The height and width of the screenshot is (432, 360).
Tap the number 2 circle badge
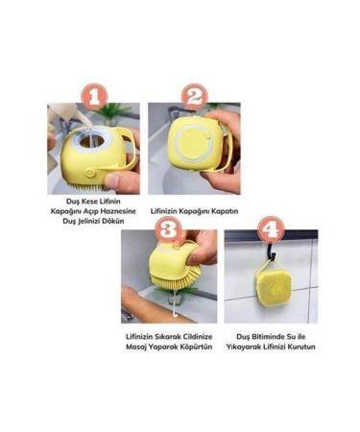tap(194, 96)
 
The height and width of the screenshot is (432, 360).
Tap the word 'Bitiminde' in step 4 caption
tap(272, 336)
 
